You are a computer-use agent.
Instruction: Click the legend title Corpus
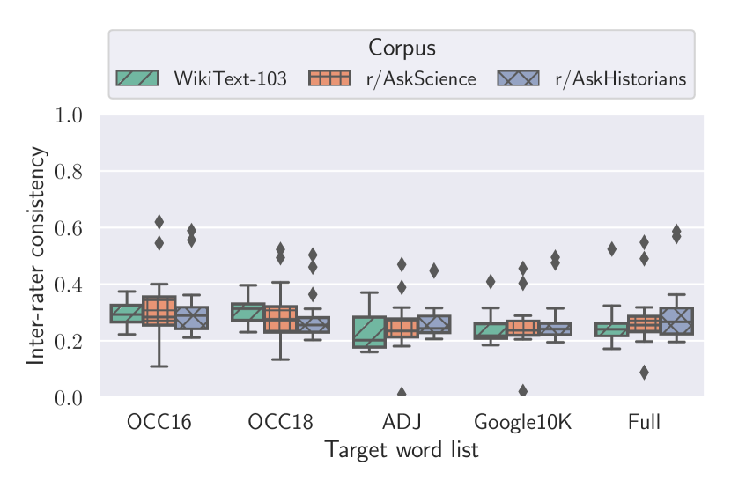pos(402,48)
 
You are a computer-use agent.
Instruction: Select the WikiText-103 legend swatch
pos(137,78)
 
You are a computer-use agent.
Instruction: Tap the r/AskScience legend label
pos(421,79)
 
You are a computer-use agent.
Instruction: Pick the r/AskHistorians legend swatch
pos(518,78)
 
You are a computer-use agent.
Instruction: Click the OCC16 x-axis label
pos(159,422)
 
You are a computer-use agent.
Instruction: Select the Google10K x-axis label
pos(523,422)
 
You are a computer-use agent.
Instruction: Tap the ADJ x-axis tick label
pos(402,422)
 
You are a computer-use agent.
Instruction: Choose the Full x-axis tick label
pos(644,422)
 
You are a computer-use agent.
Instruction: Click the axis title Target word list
pos(402,450)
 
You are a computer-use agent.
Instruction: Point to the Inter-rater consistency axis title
pos(36,255)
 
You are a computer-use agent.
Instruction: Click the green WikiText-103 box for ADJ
pos(369,331)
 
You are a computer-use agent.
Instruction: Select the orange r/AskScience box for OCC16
pos(159,310)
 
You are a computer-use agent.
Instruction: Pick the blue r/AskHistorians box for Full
pos(676,321)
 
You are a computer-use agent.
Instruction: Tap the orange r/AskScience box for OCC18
pos(280,319)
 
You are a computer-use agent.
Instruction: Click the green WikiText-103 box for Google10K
pos(491,330)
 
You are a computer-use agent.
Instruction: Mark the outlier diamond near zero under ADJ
pos(402,394)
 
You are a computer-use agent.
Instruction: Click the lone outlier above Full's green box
pos(611,249)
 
